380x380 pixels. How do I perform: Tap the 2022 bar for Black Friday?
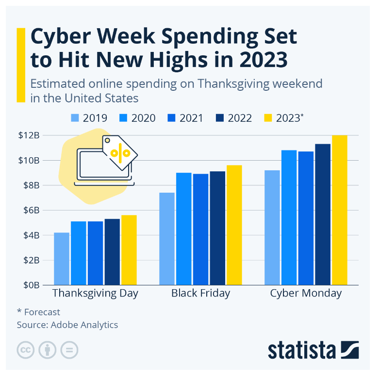coord(217,228)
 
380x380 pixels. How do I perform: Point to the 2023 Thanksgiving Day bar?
coord(129,250)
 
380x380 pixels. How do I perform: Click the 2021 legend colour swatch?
coord(170,118)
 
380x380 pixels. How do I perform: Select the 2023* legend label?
coord(289,118)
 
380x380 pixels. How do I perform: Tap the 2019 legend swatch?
coord(74,118)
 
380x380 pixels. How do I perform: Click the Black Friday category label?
coord(200,294)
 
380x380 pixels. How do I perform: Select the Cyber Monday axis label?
coord(306,294)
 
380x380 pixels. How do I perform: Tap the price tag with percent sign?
coord(120,152)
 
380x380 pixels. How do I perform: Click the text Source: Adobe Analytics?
coord(67,325)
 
